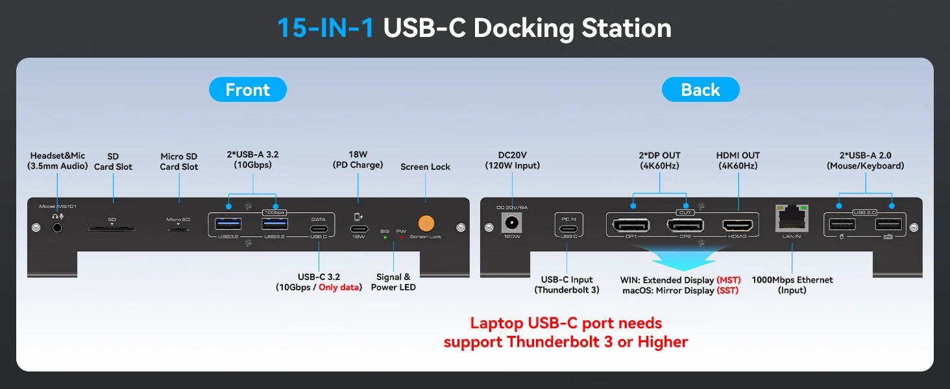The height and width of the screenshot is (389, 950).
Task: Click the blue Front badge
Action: [247, 89]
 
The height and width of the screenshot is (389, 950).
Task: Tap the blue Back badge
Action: [700, 89]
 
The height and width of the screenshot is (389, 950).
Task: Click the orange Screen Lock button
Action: [426, 224]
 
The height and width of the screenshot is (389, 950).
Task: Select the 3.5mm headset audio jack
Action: [58, 228]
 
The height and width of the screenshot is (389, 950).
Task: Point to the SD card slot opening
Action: [112, 228]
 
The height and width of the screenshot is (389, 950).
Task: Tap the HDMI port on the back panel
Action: [738, 226]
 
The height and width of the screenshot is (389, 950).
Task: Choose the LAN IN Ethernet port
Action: [792, 219]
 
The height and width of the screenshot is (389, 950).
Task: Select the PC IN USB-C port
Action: [568, 228]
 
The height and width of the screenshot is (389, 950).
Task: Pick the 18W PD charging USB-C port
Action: [358, 229]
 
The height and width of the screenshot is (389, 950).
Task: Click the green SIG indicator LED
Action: [385, 237]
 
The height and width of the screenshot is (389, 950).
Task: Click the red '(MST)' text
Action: [728, 280]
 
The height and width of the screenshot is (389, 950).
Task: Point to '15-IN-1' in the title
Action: [326, 28]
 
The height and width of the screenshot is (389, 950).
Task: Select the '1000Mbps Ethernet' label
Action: [792, 280]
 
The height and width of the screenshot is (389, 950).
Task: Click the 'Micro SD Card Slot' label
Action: [178, 161]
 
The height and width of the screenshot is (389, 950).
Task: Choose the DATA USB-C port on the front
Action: [318, 229]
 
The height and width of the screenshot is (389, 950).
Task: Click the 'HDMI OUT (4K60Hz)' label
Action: [738, 160]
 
